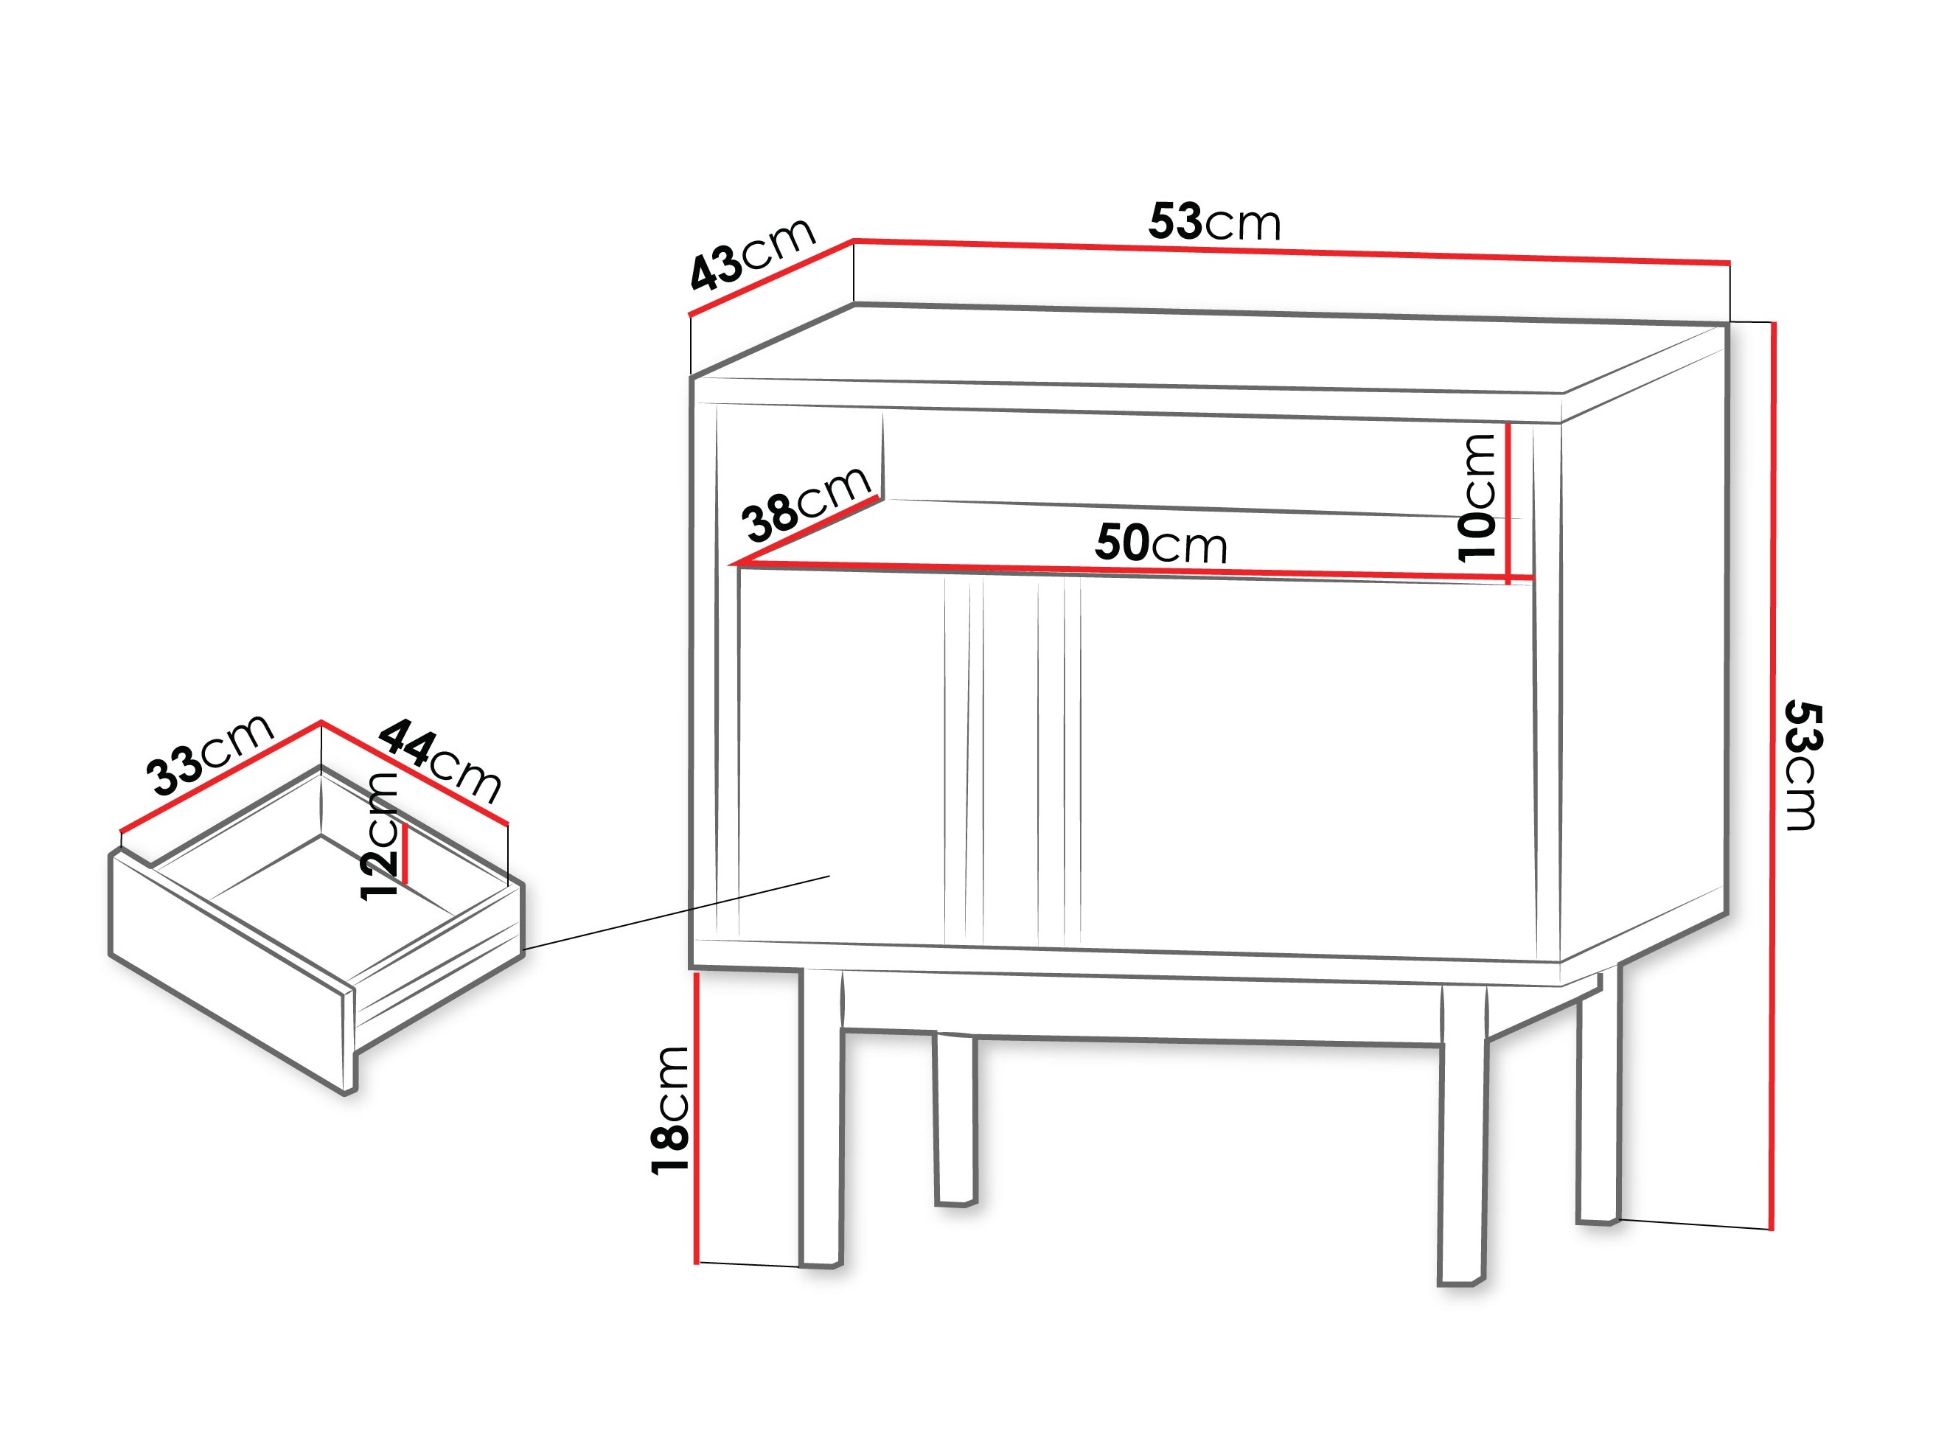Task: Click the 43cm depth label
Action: [x=753, y=253]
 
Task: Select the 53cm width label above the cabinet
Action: [x=1215, y=222]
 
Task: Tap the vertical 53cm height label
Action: [x=1801, y=764]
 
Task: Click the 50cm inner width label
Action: [x=1161, y=543]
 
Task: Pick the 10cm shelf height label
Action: [x=1477, y=496]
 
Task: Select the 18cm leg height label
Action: [x=671, y=1110]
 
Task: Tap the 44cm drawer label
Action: [x=442, y=761]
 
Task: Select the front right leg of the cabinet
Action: [x=1462, y=1136]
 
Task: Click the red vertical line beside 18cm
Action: [x=697, y=1119]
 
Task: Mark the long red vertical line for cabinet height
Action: [x=1772, y=776]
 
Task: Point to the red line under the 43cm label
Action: [x=770, y=276]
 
